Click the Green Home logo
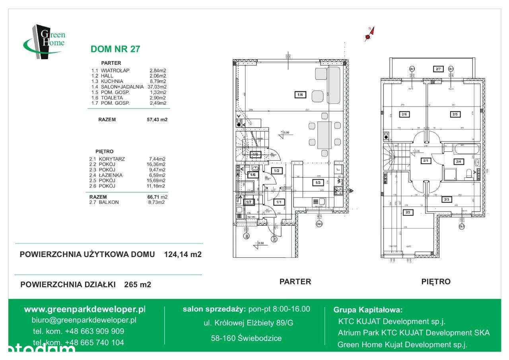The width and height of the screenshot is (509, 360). tap(44, 41)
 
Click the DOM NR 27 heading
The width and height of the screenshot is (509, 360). tap(115, 49)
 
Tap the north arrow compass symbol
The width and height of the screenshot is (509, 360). tap(369, 35)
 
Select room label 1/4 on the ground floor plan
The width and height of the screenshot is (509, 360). tap(300, 95)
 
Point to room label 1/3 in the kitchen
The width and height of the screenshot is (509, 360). tap(318, 183)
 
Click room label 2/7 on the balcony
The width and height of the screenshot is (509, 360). tap(438, 69)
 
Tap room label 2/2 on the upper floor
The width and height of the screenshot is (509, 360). tap(408, 212)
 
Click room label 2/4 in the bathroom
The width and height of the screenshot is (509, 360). tap(458, 161)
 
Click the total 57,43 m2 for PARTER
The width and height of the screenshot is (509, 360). tap(157, 119)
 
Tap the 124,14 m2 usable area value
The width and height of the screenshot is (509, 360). tap(183, 255)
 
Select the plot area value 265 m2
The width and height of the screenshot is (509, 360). tap(138, 285)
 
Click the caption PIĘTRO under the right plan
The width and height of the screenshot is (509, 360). tap(436, 282)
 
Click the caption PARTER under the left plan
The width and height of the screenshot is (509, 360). tap(295, 282)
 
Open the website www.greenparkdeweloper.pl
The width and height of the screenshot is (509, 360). tap(85, 309)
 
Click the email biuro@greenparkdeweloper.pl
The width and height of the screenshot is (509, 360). tap(84, 320)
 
